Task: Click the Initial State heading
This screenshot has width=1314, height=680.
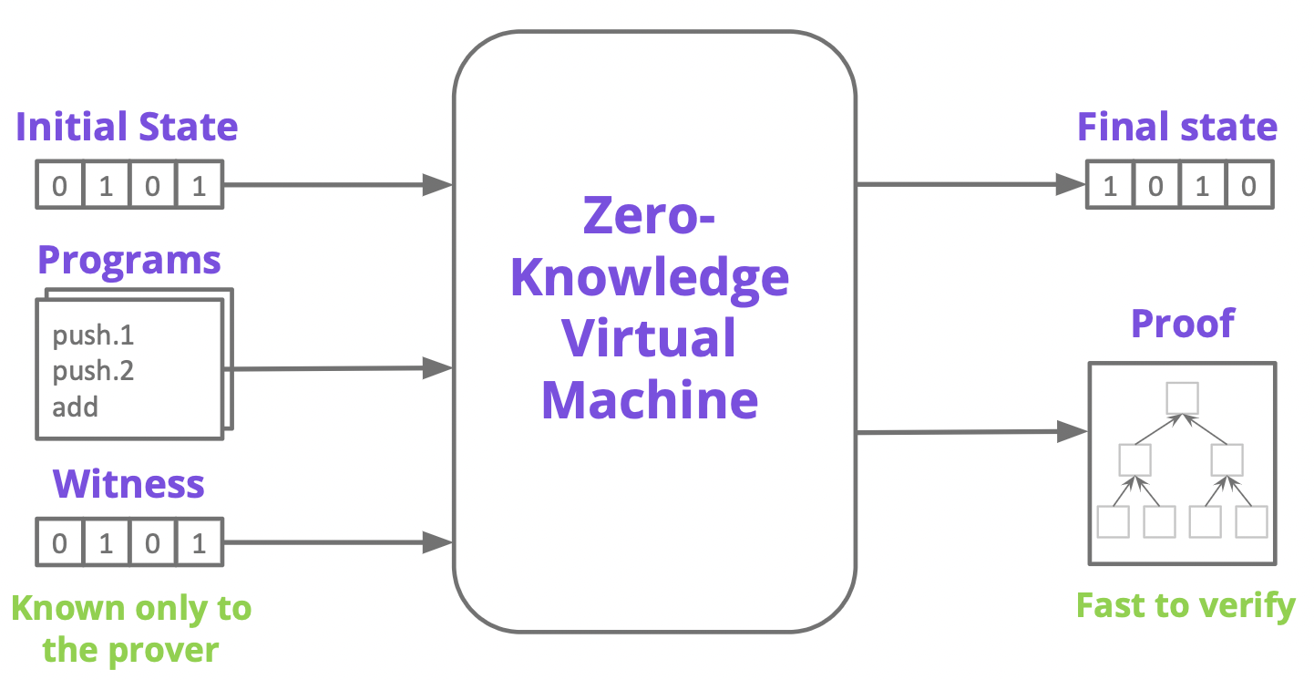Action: (x=127, y=127)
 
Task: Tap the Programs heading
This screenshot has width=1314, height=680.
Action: (x=129, y=261)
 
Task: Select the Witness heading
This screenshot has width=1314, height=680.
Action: (x=128, y=484)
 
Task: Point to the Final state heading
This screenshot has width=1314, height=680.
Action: (x=1177, y=127)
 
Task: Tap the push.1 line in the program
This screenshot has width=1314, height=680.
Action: (x=93, y=335)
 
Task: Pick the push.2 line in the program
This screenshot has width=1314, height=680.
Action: (x=93, y=371)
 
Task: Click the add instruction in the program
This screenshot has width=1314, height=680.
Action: (x=75, y=407)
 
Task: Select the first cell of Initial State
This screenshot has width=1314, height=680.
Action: (x=60, y=185)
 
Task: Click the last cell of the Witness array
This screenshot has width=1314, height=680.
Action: (x=200, y=542)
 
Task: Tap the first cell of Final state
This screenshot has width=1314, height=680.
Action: (x=1110, y=185)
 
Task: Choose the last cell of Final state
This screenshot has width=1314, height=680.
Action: (x=1249, y=185)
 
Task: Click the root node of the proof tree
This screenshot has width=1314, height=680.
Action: (x=1182, y=398)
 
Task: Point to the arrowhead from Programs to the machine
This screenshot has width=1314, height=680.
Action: (x=437, y=368)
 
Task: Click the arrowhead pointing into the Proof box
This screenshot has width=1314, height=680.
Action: (x=1073, y=432)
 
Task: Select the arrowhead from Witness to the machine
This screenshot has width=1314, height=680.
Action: (x=437, y=542)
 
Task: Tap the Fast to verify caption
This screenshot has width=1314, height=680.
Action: (x=1186, y=606)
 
